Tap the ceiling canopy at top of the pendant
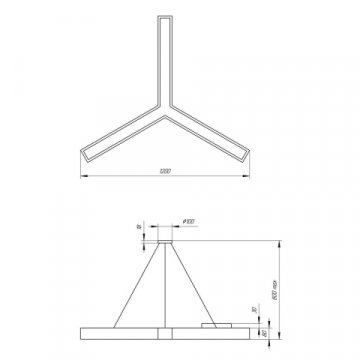click(x=164, y=239)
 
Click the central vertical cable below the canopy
click(x=164, y=285)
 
